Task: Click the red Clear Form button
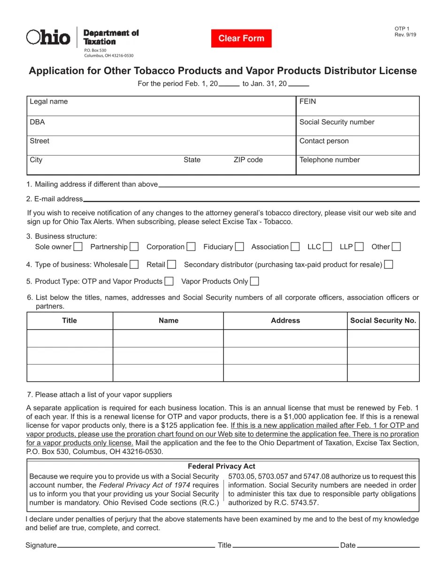[x=241, y=38]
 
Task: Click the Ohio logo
[x=48, y=37]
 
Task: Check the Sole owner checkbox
[x=78, y=247]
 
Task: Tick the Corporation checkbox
[x=191, y=247]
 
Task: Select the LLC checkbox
[x=327, y=247]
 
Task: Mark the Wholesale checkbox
[x=134, y=265]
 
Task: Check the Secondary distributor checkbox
[x=388, y=265]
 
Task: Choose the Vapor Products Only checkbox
[x=254, y=281]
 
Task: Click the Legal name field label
[x=49, y=102]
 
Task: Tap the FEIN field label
[x=308, y=102]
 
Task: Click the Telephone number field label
[x=330, y=160]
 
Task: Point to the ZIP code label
[x=248, y=160]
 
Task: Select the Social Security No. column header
[x=383, y=320]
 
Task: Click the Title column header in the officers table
[x=69, y=320]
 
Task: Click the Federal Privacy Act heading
[x=222, y=466]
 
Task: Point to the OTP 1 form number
[x=402, y=29]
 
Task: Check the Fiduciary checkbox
[x=239, y=247]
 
